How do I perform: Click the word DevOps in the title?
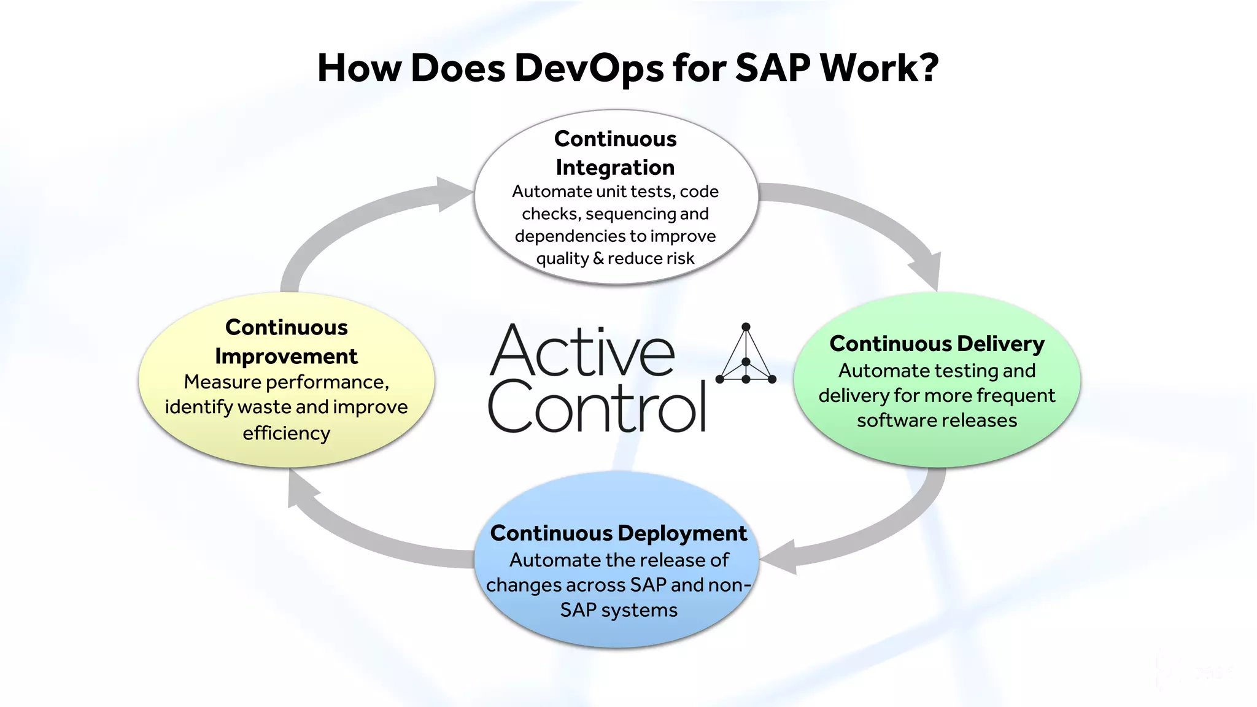pyautogui.click(x=589, y=68)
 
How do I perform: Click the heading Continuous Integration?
pyautogui.click(x=615, y=153)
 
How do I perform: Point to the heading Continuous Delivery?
pyautogui.click(x=937, y=344)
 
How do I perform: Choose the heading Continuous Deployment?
pyautogui.click(x=619, y=533)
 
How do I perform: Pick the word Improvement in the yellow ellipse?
pyautogui.click(x=286, y=357)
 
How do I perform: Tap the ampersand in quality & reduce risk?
pyautogui.click(x=598, y=259)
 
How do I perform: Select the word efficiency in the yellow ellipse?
pyautogui.click(x=286, y=433)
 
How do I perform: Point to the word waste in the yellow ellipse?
pyautogui.click(x=263, y=407)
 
